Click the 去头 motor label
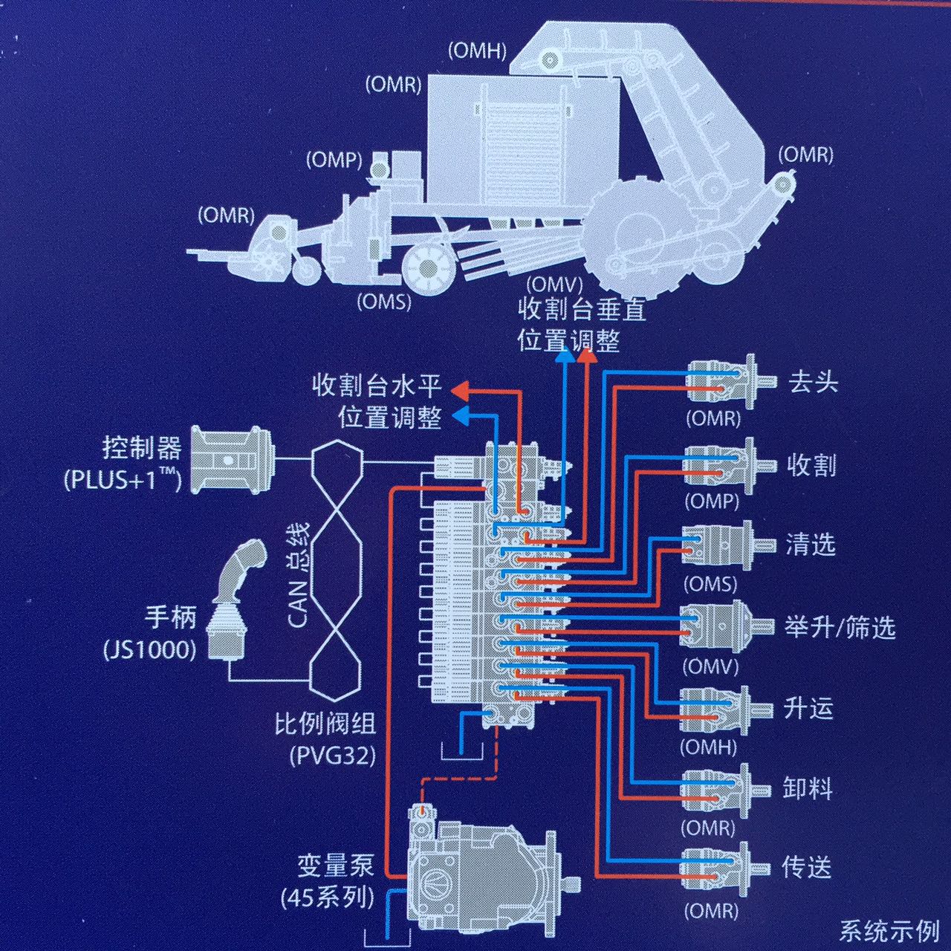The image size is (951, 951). tap(813, 382)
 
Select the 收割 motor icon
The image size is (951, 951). tap(718, 465)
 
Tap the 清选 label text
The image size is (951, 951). tap(810, 545)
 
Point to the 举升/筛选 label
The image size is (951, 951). tap(839, 628)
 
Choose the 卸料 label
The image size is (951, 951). tap(807, 788)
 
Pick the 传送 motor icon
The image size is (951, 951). tap(718, 866)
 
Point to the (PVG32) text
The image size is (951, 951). tap(332, 756)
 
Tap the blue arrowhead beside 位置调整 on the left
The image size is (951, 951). tap(461, 415)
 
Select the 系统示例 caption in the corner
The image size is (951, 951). tap(889, 930)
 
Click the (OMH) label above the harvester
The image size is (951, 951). tap(477, 51)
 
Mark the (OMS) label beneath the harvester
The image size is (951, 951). tap(383, 302)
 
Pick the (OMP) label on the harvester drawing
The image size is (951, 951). tap(334, 159)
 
